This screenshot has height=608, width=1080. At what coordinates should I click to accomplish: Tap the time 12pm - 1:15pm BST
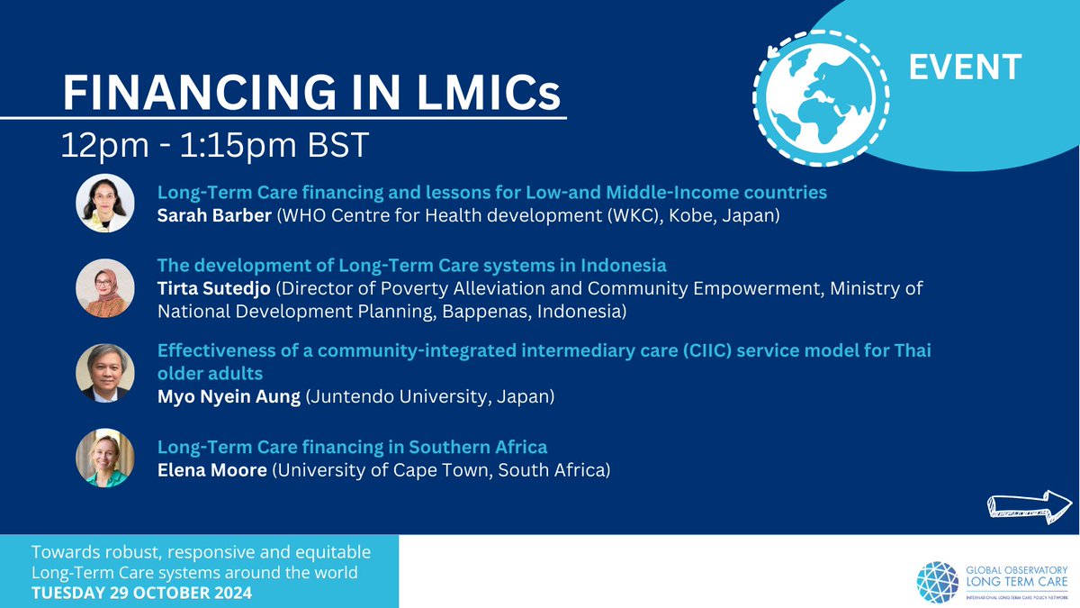214,145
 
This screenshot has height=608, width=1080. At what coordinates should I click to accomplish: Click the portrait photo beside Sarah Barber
105,203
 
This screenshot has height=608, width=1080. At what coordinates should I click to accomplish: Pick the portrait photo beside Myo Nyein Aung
105,372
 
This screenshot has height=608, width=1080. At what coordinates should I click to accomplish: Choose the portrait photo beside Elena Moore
105,458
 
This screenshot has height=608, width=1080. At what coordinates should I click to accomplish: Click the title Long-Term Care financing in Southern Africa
352,447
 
